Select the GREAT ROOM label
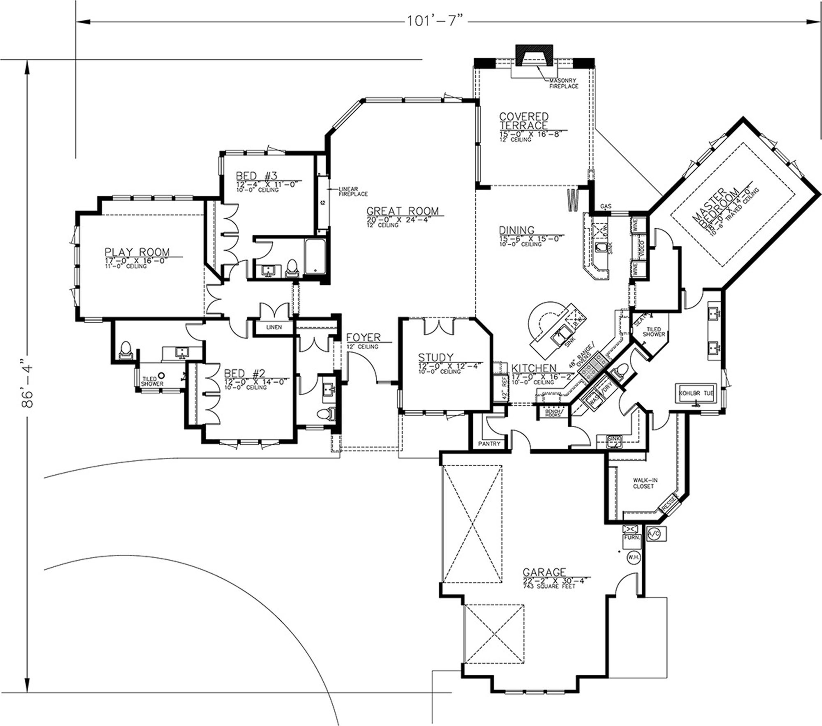pos(402,211)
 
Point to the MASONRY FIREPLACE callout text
pos(563,83)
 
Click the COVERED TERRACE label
pos(524,120)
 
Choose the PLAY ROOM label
pos(137,252)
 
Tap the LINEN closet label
pos(274,327)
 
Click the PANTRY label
pos(489,444)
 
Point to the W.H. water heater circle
pos(633,558)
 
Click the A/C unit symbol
pos(653,534)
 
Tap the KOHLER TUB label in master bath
pos(696,393)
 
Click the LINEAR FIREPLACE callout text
pos(353,191)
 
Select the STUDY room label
pos(436,357)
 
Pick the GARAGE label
pos(544,572)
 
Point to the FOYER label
pos(363,337)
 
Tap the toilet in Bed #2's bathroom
pos(125,350)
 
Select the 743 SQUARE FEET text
pos(549,586)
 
